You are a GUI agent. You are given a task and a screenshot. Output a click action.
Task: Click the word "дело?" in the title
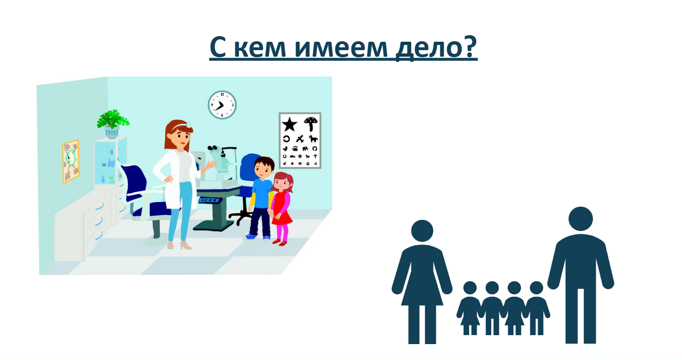click(436, 47)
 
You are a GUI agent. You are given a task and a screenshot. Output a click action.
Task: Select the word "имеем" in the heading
click(341, 48)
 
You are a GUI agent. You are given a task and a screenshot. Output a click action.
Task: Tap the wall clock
click(222, 105)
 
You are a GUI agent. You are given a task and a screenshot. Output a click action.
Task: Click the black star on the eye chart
click(289, 124)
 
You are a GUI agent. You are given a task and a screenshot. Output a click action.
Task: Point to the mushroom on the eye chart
click(311, 123)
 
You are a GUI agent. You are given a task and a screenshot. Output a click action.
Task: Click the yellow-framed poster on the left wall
click(71, 162)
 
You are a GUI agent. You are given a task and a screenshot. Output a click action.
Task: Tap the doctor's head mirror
click(189, 124)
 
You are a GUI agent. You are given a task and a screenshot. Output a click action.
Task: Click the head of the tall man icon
click(580, 219)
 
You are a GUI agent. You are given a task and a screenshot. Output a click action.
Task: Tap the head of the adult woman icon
click(422, 231)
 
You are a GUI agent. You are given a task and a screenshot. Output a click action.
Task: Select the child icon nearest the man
click(537, 307)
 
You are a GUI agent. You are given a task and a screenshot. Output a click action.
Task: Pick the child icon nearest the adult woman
click(470, 307)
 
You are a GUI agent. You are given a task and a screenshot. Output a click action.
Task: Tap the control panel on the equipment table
click(209, 201)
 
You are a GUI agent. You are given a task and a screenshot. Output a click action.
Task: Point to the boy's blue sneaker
click(251, 236)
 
